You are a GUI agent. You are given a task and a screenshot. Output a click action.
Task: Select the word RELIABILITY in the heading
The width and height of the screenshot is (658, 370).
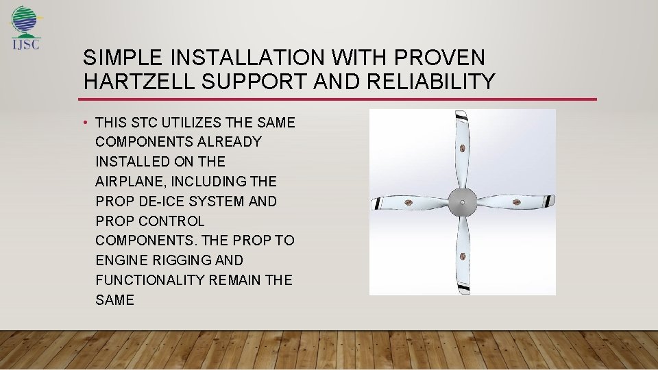tap(431, 82)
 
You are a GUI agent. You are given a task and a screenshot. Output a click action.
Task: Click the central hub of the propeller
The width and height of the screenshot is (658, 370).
tap(463, 202)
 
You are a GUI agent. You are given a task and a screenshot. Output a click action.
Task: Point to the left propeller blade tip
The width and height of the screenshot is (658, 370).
tap(376, 203)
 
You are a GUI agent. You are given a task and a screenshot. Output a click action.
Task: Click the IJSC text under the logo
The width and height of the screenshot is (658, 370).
tap(26, 46)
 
